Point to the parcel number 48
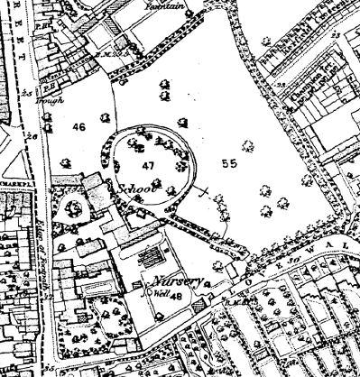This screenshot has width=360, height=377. [x=177, y=296]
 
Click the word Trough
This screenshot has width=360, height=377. [x=56, y=99]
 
